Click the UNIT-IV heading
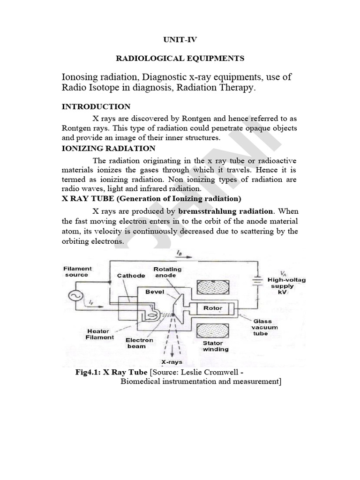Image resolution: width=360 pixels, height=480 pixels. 180,40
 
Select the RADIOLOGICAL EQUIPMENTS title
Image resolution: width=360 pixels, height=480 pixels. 180,59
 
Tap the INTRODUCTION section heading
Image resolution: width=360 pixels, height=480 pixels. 96,107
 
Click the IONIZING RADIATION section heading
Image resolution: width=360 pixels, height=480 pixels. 109,149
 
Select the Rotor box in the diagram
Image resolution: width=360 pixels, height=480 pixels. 212,308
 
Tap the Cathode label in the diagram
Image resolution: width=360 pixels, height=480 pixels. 131,276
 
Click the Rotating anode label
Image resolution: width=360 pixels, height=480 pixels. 167,272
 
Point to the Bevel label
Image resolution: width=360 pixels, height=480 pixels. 155,291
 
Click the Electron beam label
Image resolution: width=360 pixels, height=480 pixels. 139,343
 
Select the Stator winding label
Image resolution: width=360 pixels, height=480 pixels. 215,346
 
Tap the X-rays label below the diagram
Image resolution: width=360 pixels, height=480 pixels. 172,362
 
